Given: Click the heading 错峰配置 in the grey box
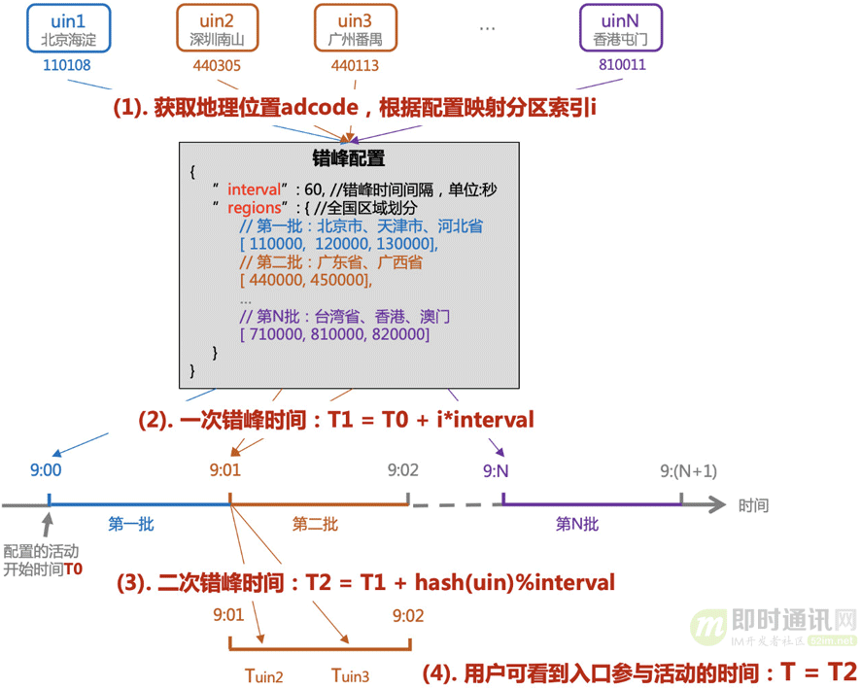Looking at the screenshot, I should click(347, 159).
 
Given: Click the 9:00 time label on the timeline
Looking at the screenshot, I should click(46, 471).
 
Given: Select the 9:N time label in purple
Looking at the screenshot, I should click(496, 471).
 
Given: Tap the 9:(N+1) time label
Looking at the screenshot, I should click(687, 471).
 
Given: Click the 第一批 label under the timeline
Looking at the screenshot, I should click(131, 525).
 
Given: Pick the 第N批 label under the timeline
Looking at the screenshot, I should click(577, 525).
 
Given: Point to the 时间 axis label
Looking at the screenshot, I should click(753, 505).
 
